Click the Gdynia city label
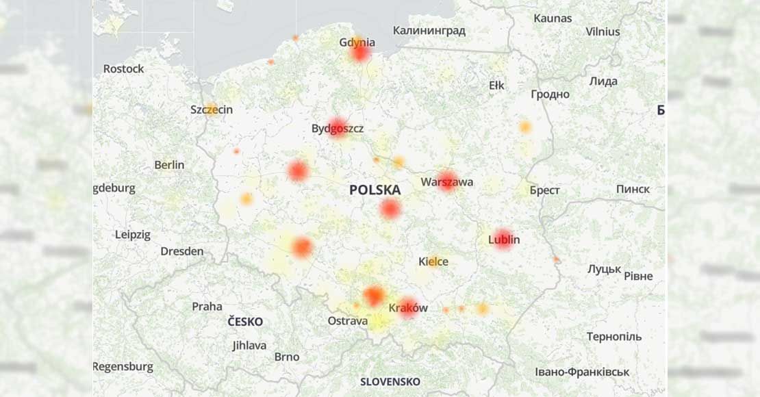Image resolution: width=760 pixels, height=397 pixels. [357, 42]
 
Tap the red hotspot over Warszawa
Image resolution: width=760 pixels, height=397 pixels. [447, 181]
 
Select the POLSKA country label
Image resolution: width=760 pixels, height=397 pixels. [375, 190]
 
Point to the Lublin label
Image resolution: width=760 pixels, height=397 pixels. [504, 240]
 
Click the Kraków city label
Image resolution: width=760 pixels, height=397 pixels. [408, 308]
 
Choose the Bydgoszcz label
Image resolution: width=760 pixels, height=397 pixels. [338, 128]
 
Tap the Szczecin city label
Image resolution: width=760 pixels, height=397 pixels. [212, 110]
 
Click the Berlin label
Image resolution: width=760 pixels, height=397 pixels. [169, 164]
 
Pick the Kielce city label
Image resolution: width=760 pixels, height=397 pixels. [433, 261]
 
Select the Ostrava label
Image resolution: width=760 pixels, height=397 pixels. [347, 320]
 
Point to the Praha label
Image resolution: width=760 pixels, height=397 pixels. [207, 306]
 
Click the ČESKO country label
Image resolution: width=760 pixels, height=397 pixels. [245, 322]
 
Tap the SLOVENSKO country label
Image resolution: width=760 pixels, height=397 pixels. [390, 381]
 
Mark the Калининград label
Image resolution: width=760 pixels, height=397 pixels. [429, 30]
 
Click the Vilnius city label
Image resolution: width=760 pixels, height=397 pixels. [603, 31]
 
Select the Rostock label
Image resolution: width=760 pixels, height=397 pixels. [123, 68]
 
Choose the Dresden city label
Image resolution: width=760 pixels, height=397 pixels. [181, 251]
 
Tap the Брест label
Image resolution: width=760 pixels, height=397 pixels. [544, 190]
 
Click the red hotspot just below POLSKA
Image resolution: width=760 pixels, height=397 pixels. [390, 209]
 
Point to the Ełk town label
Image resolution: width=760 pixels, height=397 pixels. [496, 85]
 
